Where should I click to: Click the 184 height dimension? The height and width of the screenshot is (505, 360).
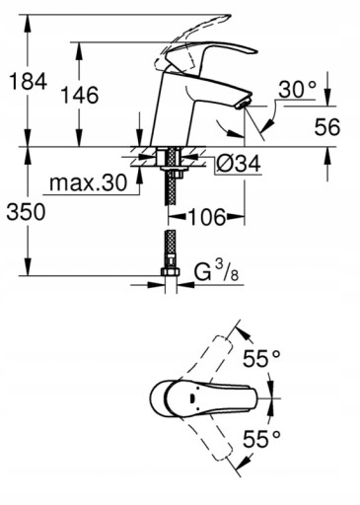[28, 81]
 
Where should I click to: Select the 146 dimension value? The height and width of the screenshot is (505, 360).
[80, 95]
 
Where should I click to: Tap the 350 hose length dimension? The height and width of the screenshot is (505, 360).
[27, 212]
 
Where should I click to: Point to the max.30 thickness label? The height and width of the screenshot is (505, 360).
[88, 182]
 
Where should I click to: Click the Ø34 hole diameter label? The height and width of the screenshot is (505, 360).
[239, 163]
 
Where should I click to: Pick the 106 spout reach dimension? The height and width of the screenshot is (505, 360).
[207, 217]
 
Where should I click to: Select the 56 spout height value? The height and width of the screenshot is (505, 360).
[327, 127]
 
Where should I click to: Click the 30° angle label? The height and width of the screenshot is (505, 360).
[297, 89]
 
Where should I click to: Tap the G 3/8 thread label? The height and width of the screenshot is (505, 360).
[216, 271]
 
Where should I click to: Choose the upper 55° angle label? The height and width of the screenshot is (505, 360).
[261, 358]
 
